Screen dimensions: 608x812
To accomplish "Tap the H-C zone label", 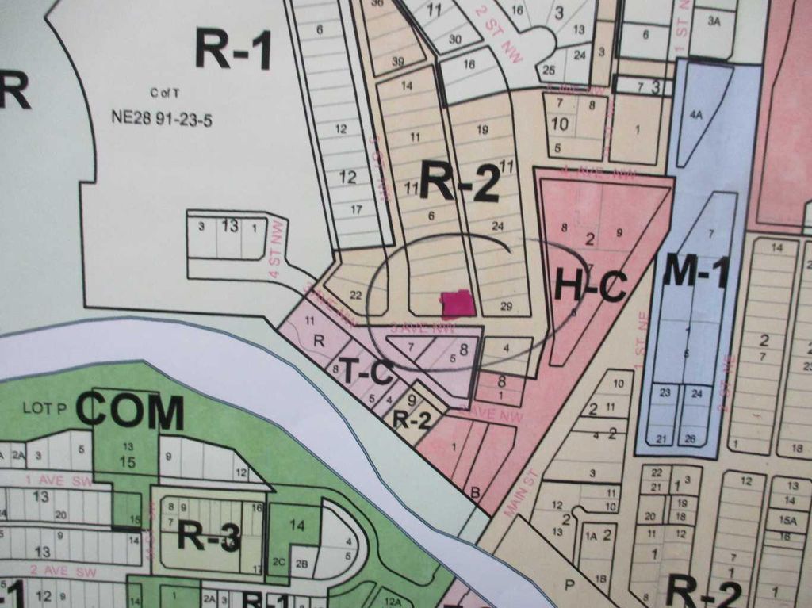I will tap(590, 285).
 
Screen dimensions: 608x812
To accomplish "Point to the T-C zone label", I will tap(366, 371).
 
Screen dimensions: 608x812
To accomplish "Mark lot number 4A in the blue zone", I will tap(695, 115).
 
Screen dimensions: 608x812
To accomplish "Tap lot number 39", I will tap(398, 61).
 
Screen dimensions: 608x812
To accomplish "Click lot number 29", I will tap(507, 306).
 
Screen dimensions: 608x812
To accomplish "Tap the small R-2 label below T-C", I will tap(412, 419).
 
